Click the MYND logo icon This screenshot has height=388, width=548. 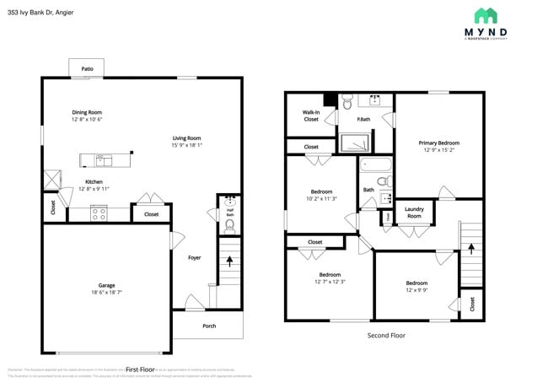pos(486,15)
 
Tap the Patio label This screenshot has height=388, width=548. pos(87,69)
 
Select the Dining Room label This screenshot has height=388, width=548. pos(86,112)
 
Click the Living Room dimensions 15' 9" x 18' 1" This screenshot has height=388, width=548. pos(186,145)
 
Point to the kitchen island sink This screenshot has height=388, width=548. pos(102,159)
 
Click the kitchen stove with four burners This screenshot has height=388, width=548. pos(99,214)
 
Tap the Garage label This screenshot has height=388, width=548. pos(106,285)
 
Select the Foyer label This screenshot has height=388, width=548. pos(194,257)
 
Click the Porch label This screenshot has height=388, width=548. pos(208,326)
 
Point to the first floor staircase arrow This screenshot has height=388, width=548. pos(229,261)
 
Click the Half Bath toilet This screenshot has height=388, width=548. pos(229,226)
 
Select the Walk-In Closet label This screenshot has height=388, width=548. pos(311,116)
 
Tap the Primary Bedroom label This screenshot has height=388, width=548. pos(439,143)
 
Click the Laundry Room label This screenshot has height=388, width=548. pos(414,213)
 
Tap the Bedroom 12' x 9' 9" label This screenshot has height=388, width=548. pos(416,283)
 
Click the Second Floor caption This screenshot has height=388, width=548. pos(386,335)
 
